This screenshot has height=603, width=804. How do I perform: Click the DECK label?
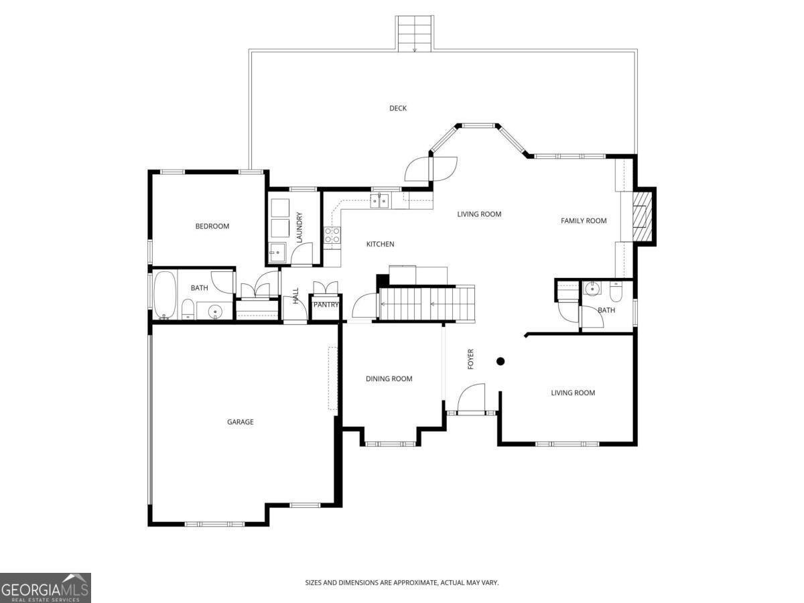pyautogui.click(x=398, y=109)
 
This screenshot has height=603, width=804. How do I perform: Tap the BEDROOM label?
pyautogui.click(x=212, y=226)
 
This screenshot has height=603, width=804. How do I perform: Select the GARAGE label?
pyautogui.click(x=240, y=422)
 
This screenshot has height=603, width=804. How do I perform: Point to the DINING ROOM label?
pyautogui.click(x=389, y=379)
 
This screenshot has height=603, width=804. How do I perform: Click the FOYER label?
pyautogui.click(x=471, y=359)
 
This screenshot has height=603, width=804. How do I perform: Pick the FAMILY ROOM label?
pyautogui.click(x=584, y=221)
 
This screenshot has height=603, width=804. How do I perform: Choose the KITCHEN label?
pyautogui.click(x=380, y=245)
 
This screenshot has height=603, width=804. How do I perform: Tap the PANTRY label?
pyautogui.click(x=326, y=305)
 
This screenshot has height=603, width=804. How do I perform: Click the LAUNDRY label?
pyautogui.click(x=299, y=227)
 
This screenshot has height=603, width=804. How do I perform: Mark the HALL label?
pyautogui.click(x=295, y=295)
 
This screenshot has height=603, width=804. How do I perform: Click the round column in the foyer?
pyautogui.click(x=500, y=362)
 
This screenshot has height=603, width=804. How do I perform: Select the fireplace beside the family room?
pyautogui.click(x=643, y=216)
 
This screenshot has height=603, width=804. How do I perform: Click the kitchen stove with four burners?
pyautogui.click(x=332, y=234)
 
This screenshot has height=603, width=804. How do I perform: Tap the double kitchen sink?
pyautogui.click(x=381, y=200)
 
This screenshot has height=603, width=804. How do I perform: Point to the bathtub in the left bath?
pyautogui.click(x=165, y=295)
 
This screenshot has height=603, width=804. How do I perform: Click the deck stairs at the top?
pyautogui.click(x=415, y=33)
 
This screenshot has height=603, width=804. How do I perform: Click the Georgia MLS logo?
pyautogui.click(x=45, y=588)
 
